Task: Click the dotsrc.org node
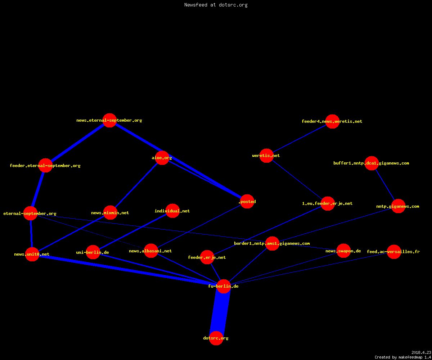coord(216,338)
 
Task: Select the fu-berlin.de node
coord(224,286)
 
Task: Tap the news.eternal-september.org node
coord(110,120)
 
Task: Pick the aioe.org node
coord(162,158)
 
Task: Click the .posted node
coord(247,201)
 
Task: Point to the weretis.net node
coord(266,156)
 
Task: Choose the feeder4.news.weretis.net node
coord(332,121)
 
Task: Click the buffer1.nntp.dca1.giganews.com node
coord(372,163)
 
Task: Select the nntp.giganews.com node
coord(398,206)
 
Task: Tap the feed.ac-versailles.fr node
coord(394,252)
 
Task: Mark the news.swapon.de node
coord(343,251)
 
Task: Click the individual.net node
coord(172,211)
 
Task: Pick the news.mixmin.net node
coord(110,212)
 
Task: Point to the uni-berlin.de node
coord(93,252)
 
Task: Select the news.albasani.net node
coord(151,251)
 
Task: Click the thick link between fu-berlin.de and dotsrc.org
coord(220,312)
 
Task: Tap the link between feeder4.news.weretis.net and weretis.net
coord(300,138)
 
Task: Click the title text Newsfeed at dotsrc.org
coord(216,5)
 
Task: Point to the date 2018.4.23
coord(421,352)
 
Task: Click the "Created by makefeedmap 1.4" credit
coord(403,357)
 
